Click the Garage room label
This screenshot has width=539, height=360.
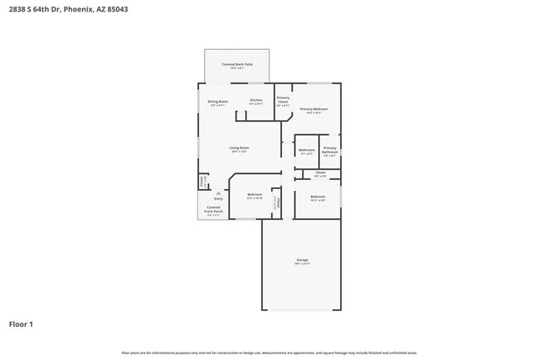pyautogui.click(x=302, y=261)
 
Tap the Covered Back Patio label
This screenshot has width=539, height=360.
pyautogui.click(x=237, y=66)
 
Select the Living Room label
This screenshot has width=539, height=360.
pyautogui.click(x=240, y=149)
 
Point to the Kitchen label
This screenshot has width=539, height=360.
pyautogui.click(x=256, y=102)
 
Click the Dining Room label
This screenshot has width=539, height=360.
pyautogui.click(x=218, y=103)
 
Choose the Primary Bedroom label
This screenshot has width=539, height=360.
pyautogui.click(x=314, y=111)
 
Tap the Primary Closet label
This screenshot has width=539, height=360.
pyautogui.click(x=283, y=101)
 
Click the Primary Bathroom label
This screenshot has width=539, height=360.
pyautogui.click(x=329, y=151)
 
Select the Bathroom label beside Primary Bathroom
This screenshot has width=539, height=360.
pyautogui.click(x=306, y=151)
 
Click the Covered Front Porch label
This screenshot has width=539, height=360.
pyautogui.click(x=213, y=210)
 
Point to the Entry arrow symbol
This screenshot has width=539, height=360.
pyautogui.click(x=219, y=192)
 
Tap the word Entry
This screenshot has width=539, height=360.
pyautogui.click(x=219, y=199)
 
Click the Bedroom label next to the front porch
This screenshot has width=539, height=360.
pyautogui.click(x=255, y=197)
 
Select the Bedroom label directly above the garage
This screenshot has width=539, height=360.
pyautogui.click(x=318, y=197)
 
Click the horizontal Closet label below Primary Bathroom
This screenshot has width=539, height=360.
pyautogui.click(x=320, y=174)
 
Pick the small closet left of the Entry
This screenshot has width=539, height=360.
pyautogui.click(x=202, y=180)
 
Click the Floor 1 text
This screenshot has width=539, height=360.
pyautogui.click(x=21, y=324)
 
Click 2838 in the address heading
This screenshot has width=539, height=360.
pyautogui.click(x=17, y=10)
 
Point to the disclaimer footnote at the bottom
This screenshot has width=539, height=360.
pyautogui.click(x=269, y=353)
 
